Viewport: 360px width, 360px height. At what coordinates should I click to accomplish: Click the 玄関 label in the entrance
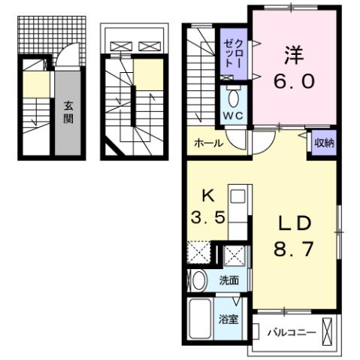(68, 112)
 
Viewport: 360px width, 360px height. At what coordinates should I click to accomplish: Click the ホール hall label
(207, 143)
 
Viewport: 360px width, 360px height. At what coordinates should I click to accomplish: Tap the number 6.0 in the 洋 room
(292, 80)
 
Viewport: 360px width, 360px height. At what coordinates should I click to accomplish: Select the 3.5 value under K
(204, 219)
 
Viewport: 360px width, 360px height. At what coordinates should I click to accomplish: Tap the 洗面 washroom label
(228, 281)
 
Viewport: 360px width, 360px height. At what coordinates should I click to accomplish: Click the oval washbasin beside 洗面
(198, 281)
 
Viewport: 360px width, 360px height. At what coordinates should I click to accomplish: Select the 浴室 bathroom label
(228, 318)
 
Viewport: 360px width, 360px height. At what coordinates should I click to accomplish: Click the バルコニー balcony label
(287, 331)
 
